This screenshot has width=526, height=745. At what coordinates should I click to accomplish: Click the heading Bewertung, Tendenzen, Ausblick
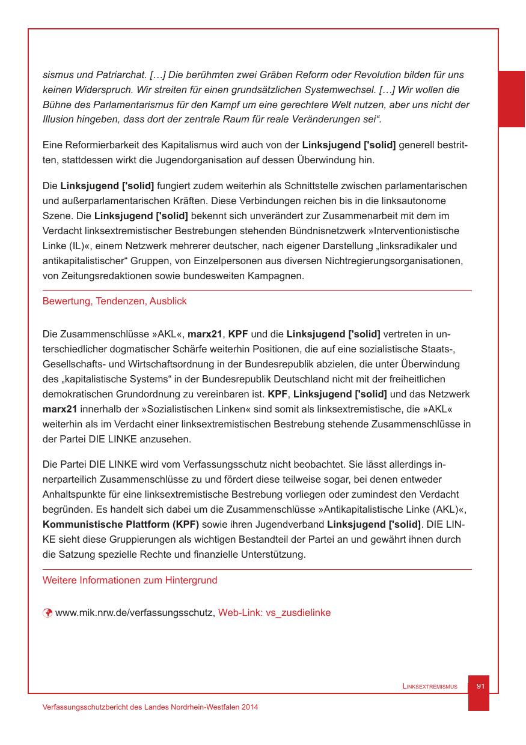coord(114,301)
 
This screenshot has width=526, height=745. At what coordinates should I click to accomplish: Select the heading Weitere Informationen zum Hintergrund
coord(130,581)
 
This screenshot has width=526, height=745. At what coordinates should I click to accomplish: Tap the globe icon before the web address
coord(47,613)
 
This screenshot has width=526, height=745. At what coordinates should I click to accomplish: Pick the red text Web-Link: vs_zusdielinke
coord(274,613)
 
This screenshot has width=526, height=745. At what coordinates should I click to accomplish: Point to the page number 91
coord(480,686)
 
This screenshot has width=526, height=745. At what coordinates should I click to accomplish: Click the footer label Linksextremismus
coord(430,686)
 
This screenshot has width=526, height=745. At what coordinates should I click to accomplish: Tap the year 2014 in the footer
coord(250,708)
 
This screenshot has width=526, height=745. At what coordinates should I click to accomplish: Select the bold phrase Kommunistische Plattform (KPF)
coord(121,525)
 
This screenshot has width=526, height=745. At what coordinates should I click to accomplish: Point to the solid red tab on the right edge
coord(512,99)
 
